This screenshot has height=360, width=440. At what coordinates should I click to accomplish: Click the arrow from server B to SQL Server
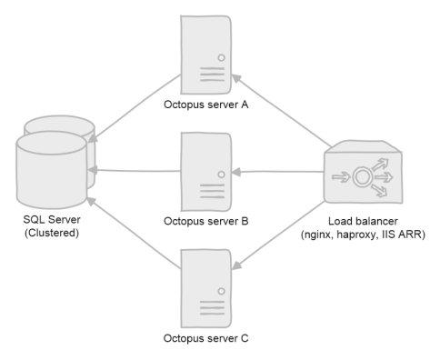pyautogui.click(x=136, y=170)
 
